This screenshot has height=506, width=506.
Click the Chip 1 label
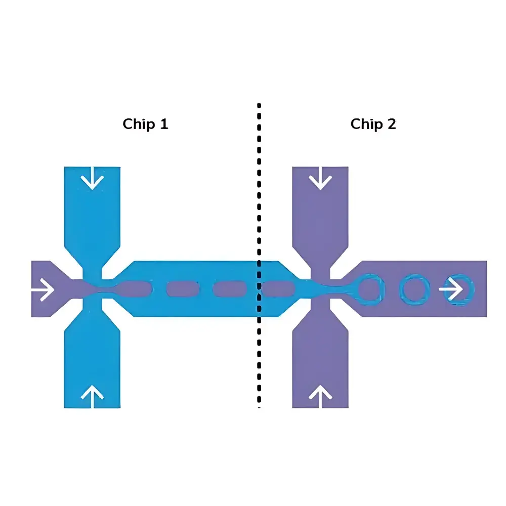coord(145,124)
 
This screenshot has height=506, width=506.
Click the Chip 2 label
coord(373,124)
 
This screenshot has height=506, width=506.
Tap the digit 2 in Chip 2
coord(391,124)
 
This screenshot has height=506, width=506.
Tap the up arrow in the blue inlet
coord(92,393)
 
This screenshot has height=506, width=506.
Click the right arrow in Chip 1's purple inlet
coord(43,290)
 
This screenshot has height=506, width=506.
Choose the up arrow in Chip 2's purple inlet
coord(320,393)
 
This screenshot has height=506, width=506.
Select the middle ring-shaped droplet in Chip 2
coord(414,289)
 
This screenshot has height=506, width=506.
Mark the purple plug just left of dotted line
coord(229,289)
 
